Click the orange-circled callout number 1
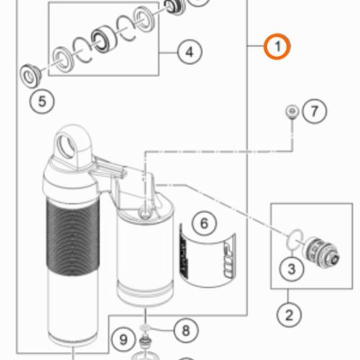(277, 47)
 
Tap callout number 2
(289, 315)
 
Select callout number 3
(292, 269)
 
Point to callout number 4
(189, 52)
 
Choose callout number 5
(42, 101)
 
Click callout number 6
(204, 223)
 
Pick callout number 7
(315, 112)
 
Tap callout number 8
(186, 330)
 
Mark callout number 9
(123, 340)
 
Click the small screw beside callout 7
(292, 112)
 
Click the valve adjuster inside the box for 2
(320, 251)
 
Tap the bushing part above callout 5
(30, 76)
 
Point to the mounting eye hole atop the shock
(66, 146)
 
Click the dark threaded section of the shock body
(73, 238)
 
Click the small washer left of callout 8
(145, 327)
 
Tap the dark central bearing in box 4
(104, 38)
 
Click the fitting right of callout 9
(145, 341)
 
